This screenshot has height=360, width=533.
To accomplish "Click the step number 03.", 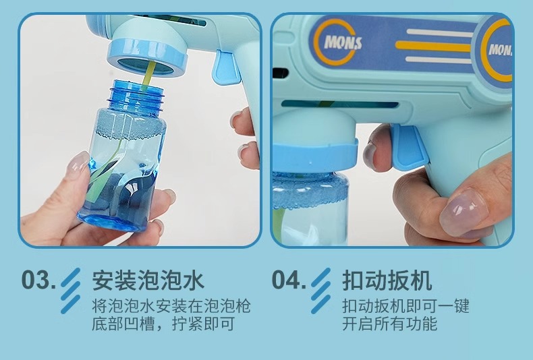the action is (x=38, y=280).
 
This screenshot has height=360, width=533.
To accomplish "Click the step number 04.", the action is (x=289, y=280).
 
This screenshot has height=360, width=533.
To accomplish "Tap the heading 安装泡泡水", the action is (x=148, y=280).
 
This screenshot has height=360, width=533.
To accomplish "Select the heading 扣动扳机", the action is (x=387, y=280).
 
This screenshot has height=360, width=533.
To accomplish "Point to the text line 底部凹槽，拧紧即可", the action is (x=163, y=324).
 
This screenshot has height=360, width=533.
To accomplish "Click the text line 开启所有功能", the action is (x=389, y=324).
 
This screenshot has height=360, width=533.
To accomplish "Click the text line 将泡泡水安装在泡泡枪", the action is (x=171, y=306).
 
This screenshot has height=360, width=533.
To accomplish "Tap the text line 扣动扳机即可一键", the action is (x=405, y=306).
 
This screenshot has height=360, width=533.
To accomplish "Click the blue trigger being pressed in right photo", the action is (x=408, y=147).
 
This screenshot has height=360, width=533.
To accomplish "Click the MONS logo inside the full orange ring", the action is (x=343, y=42).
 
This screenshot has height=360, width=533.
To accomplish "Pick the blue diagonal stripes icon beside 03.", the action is (x=71, y=291).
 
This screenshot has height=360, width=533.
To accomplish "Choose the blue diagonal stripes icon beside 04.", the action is (x=321, y=291).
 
